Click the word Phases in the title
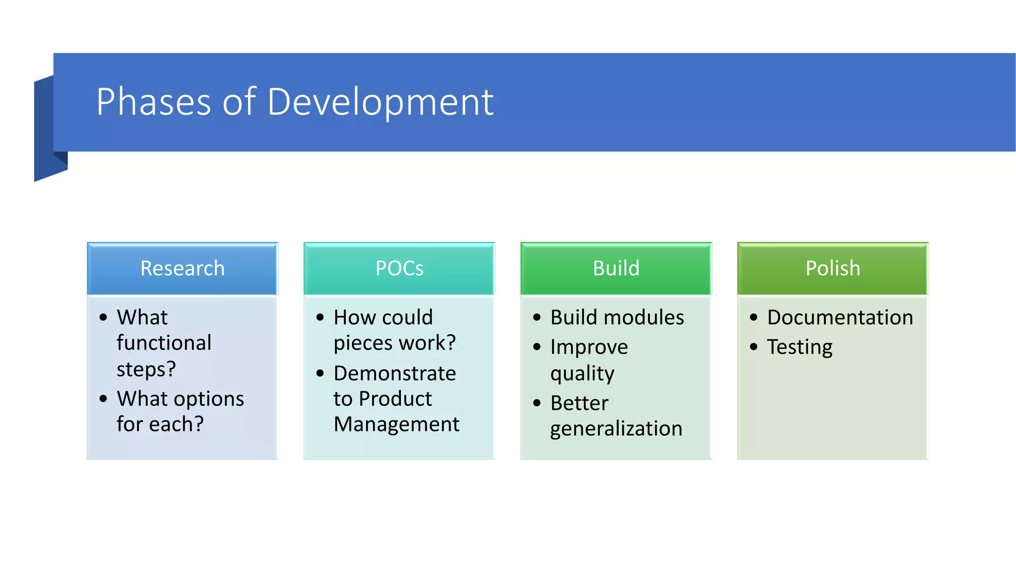coord(154,102)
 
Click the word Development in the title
coord(381,102)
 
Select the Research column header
coord(183,269)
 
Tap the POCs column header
coord(399,269)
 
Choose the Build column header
coord(616,269)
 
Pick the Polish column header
coord(832,269)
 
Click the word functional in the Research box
coord(164,343)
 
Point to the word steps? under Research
coord(146,369)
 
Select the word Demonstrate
coord(395,373)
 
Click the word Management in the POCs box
coord(396,425)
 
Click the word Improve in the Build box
coord(589,347)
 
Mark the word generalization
coord(616,429)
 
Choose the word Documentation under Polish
coord(840,318)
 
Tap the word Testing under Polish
coord(800,347)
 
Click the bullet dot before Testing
coord(754,347)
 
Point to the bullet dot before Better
coord(537,403)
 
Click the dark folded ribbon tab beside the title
coord(47,129)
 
